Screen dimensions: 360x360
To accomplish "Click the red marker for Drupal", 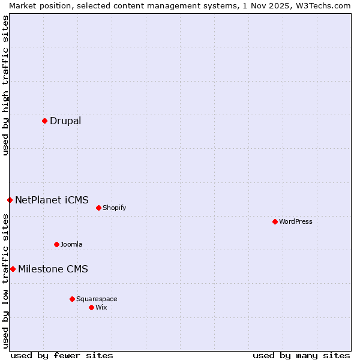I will coord(44,121).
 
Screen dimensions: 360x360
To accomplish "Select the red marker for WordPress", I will coord(275,221).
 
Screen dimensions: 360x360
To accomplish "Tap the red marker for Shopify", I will coord(98,208).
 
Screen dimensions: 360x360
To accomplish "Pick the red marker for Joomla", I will coord(56,244).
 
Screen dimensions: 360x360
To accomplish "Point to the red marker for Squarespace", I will coord(72,299).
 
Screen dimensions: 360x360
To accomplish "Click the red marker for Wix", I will coord(91,307).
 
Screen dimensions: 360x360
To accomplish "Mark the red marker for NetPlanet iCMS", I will coord(10,200).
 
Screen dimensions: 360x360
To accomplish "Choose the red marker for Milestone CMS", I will coord(13,269).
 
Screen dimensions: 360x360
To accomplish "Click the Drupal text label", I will coord(65,121).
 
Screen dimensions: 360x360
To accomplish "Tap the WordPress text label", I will coord(296,221).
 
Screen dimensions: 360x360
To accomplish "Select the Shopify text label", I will coord(114,208).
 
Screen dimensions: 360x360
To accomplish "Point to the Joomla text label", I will coord(71,244).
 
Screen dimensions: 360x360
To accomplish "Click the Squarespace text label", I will coord(97,299).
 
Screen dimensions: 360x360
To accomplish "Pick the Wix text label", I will coord(101,307).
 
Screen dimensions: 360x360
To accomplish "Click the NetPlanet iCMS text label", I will coord(52,200).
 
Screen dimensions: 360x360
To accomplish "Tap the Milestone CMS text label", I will coord(53,269).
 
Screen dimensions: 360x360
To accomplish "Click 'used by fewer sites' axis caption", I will coord(62,355).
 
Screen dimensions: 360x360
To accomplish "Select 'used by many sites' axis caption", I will coord(301,355).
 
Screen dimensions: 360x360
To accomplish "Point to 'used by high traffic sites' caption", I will coord(5,85).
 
